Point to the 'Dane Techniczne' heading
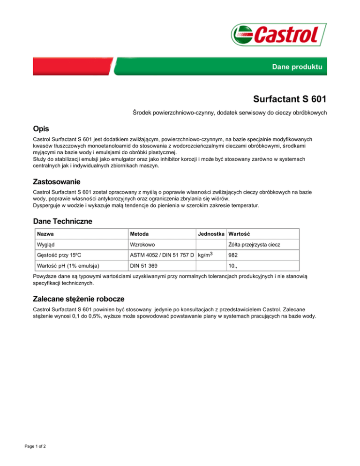(x=62, y=221)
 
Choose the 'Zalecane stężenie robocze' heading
(x=78, y=298)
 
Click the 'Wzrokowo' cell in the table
(x=143, y=244)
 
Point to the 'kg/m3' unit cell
(x=206, y=255)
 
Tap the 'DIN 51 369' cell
(x=143, y=266)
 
